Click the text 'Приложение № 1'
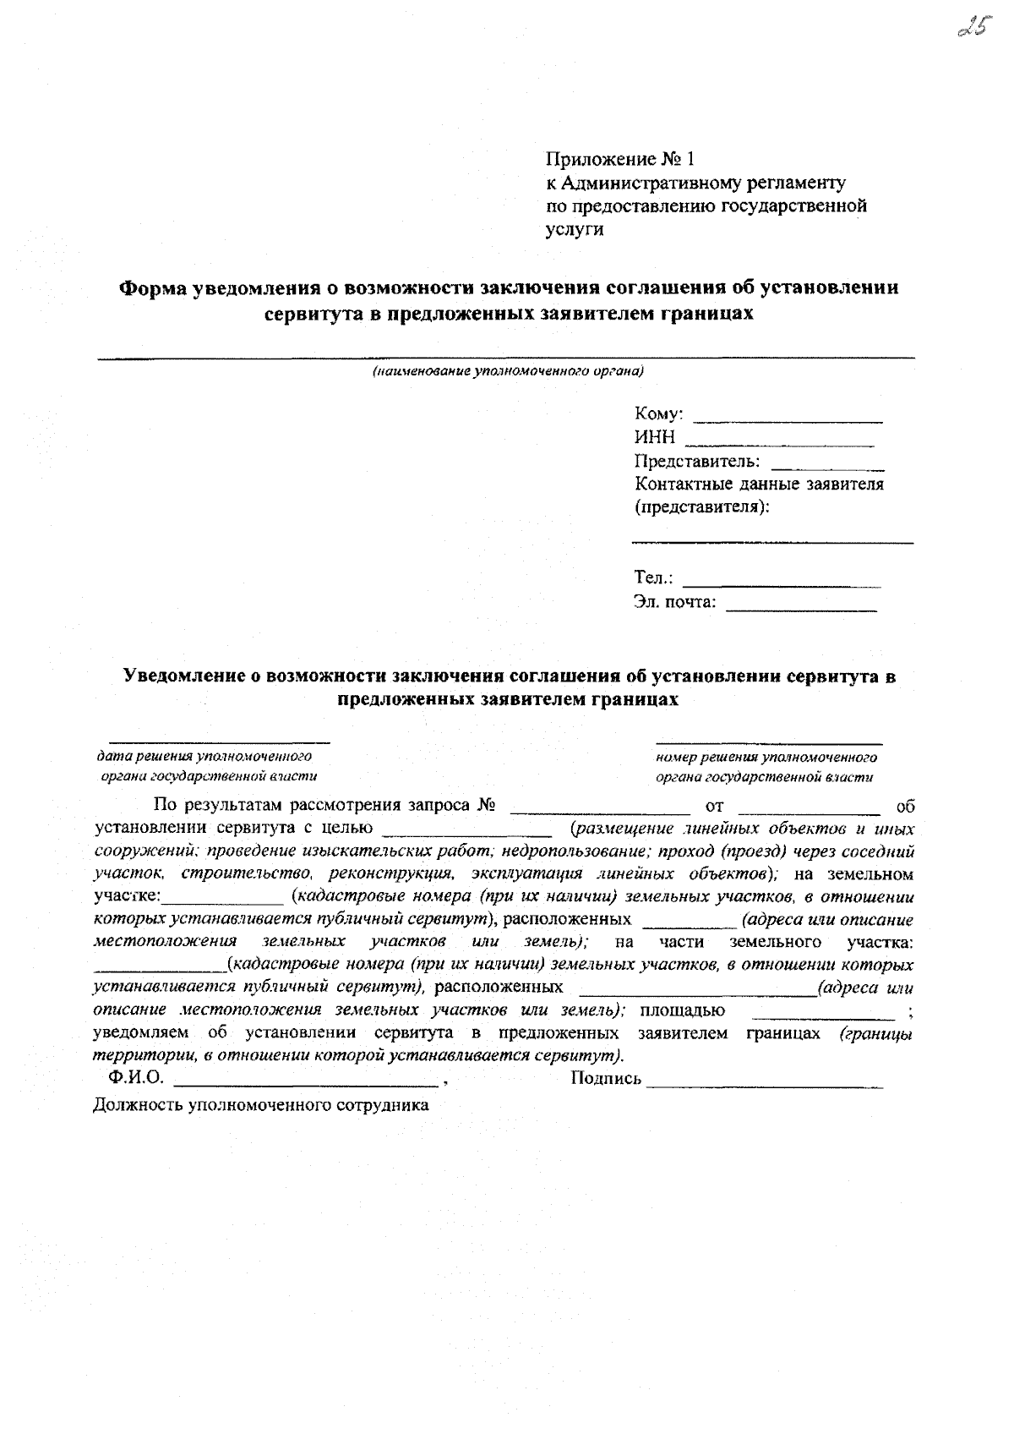(619, 159)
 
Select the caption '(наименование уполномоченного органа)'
(508, 371)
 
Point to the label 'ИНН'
(655, 438)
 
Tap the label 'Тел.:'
(653, 578)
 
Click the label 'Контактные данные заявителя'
(758, 484)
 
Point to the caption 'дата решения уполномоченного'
(204, 756)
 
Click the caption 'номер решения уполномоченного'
(766, 758)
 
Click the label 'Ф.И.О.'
(135, 1079)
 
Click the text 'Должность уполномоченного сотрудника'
(261, 1104)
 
